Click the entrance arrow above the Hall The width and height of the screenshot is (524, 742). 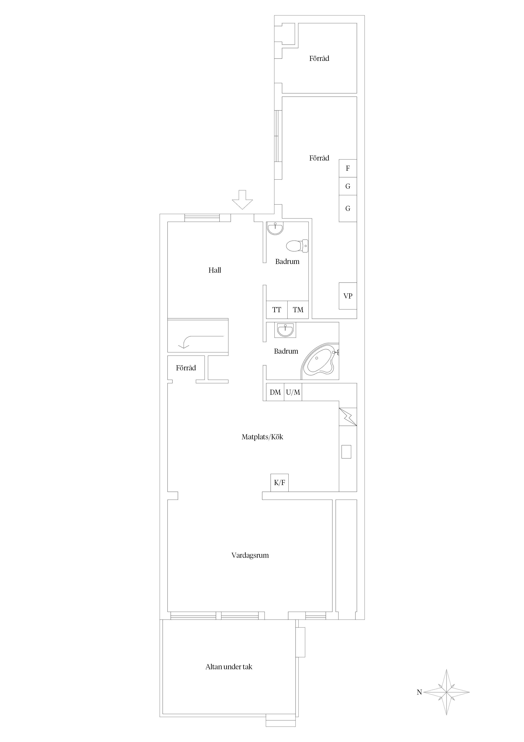click(243, 200)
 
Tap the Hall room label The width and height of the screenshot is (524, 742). click(215, 270)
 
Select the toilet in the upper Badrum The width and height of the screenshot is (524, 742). click(297, 246)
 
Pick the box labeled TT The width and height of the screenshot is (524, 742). click(277, 310)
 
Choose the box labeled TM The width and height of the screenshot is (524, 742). click(298, 310)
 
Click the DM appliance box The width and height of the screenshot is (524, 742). click(275, 392)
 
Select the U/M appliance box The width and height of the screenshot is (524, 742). click(293, 392)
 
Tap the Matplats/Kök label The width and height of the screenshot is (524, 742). click(262, 437)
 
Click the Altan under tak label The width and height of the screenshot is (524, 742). click(229, 667)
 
